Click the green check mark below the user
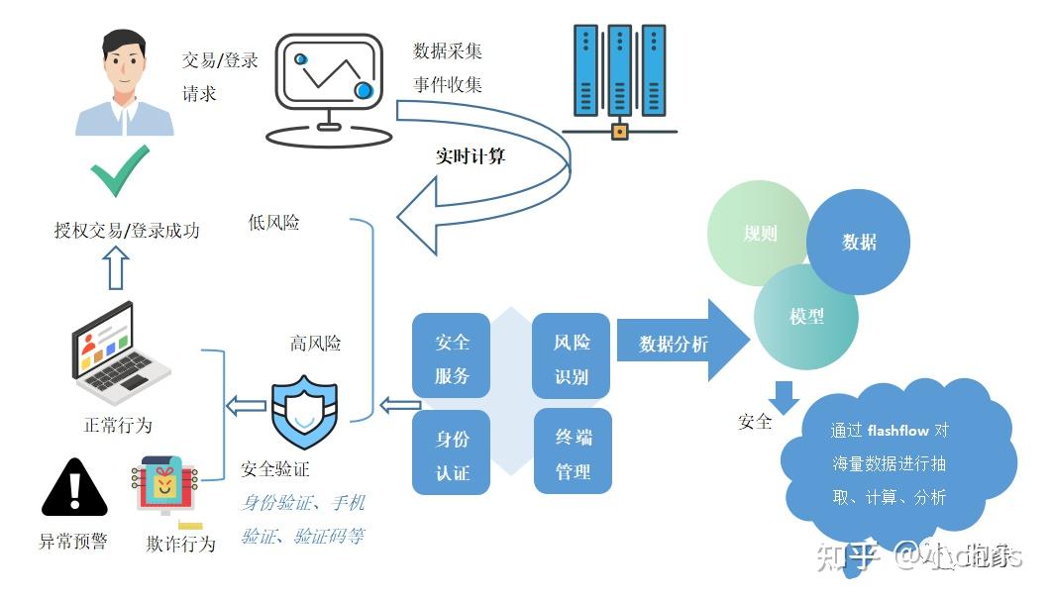tap(120, 172)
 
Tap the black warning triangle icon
tap(74, 490)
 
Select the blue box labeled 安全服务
tap(452, 358)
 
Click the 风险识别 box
tap(572, 358)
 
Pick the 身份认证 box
tap(452, 454)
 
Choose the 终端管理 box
tap(572, 454)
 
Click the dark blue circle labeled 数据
tap(858, 242)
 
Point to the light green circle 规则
tap(759, 234)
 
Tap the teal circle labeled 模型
tap(805, 317)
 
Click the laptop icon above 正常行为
tap(118, 352)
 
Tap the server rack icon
tap(619, 74)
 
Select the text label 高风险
tap(315, 344)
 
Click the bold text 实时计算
tap(471, 155)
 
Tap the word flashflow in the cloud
tap(897, 430)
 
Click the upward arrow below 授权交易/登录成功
tap(117, 268)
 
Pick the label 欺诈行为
tap(180, 543)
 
